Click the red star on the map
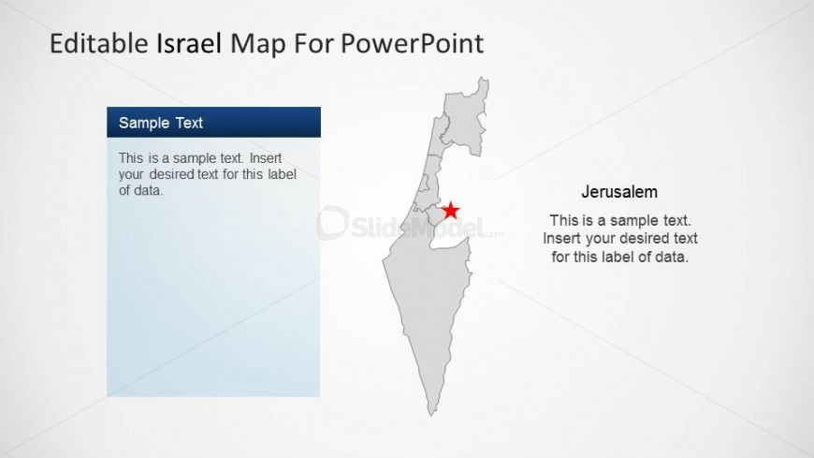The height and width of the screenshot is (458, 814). (x=451, y=210)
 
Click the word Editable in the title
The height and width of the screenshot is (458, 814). (x=99, y=43)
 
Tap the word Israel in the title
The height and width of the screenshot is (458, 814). (x=190, y=43)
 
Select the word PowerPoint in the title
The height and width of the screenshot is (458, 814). (x=413, y=44)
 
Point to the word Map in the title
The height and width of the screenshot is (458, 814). (x=257, y=44)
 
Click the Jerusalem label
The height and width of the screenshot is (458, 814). (x=619, y=192)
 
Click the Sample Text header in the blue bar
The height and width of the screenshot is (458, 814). (x=160, y=123)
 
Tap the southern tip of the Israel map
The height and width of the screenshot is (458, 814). (x=431, y=415)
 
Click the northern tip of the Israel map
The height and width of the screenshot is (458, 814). (x=484, y=79)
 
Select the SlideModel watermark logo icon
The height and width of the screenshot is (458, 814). (x=333, y=223)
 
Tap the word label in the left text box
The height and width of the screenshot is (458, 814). (x=282, y=174)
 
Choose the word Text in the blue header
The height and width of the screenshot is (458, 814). (x=189, y=123)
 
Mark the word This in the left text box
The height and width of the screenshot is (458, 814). (x=130, y=158)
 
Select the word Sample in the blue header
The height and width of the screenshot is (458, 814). (x=144, y=124)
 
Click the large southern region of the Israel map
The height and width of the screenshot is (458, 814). (x=429, y=302)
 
